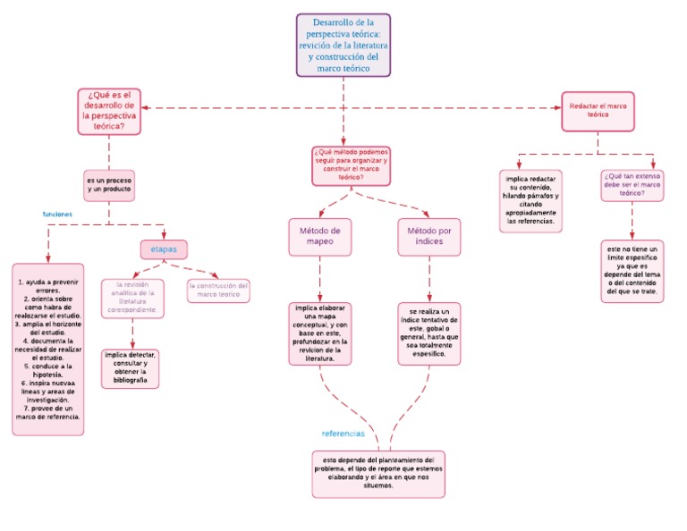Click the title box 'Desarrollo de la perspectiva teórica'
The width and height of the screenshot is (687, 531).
click(343, 45)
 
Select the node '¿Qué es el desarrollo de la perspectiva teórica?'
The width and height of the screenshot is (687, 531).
click(109, 112)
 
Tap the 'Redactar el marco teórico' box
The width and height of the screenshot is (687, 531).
click(597, 110)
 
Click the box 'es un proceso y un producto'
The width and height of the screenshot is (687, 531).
click(109, 185)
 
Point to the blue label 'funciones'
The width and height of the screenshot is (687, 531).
click(57, 215)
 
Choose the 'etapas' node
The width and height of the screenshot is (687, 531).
click(164, 249)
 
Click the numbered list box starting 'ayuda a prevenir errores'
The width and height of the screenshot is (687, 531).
click(48, 349)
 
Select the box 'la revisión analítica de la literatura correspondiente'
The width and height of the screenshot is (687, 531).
click(133, 297)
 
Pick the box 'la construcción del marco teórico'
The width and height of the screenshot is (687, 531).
click(218, 290)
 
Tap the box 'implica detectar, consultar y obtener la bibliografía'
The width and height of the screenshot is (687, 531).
click(131, 367)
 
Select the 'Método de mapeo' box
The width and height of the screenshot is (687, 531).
click(319, 236)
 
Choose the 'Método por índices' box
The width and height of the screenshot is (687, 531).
click(429, 236)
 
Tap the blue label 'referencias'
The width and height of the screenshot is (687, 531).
click(343, 433)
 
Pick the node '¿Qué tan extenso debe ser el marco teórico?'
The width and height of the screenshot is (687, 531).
click(632, 184)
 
